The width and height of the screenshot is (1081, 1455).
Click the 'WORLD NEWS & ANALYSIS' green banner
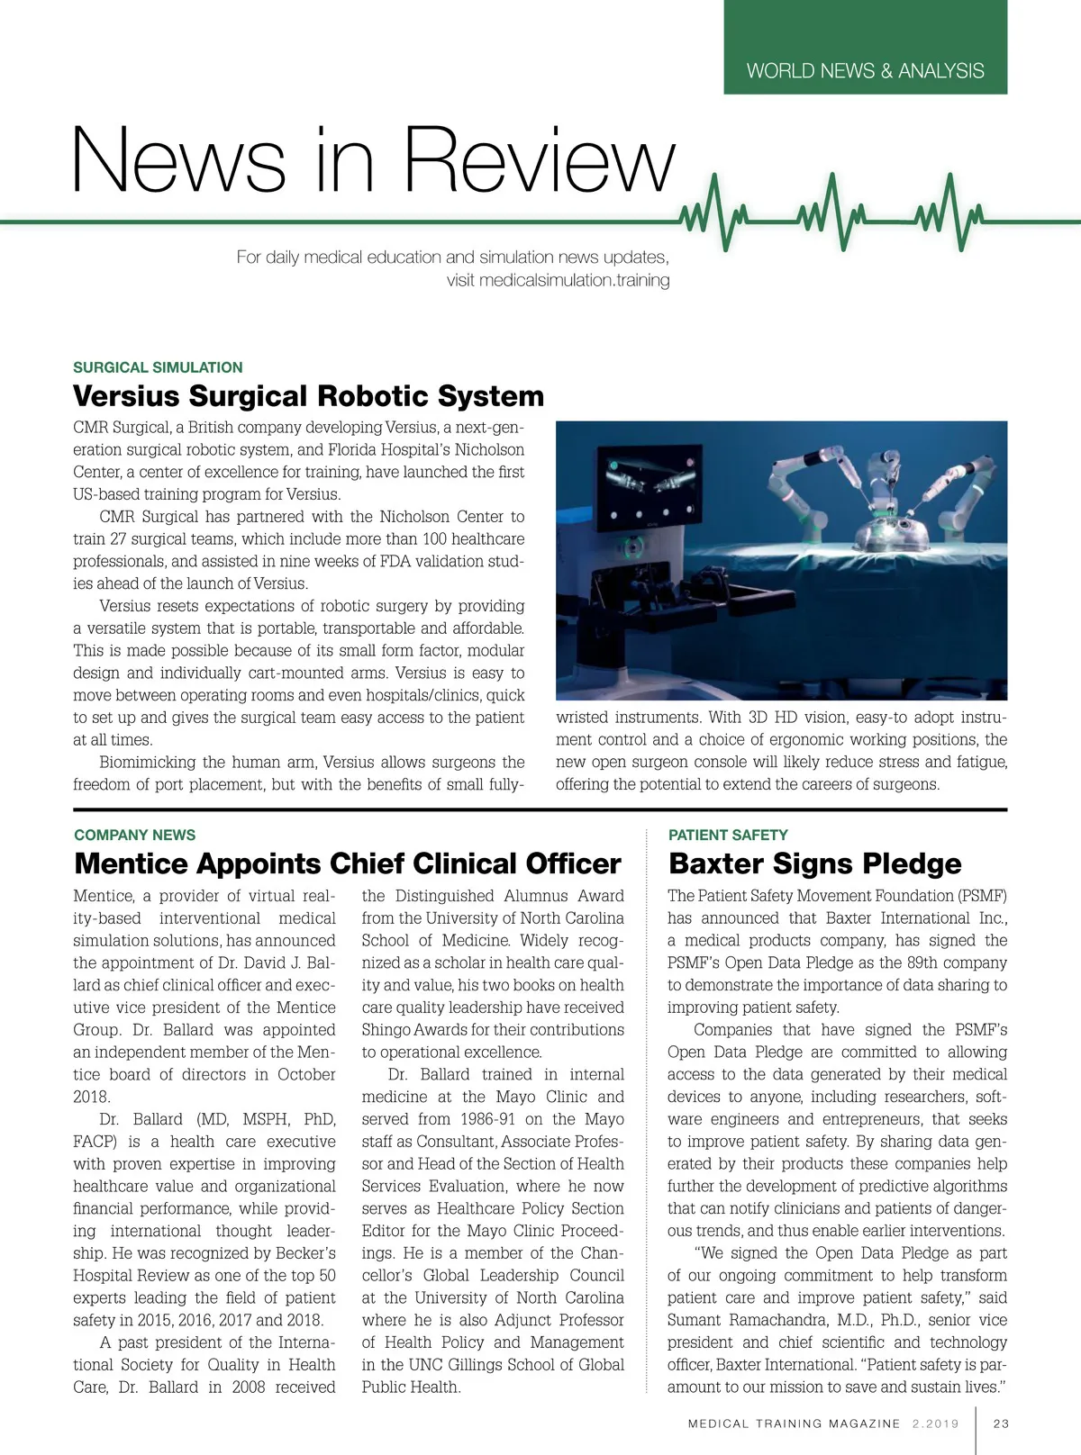pos(865,70)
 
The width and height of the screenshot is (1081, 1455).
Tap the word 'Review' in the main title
pos(538,160)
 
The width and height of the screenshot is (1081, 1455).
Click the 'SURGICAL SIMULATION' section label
pos(158,367)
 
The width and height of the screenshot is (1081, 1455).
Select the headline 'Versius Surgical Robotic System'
pos(308,396)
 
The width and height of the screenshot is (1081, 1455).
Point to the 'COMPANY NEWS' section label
pos(134,835)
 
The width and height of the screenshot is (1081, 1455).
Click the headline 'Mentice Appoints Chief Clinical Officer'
pos(348,863)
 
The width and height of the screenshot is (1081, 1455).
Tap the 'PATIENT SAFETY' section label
pos(728,835)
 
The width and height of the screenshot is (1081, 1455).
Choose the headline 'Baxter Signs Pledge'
pos(814,863)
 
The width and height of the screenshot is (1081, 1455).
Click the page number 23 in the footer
pos(1001,1423)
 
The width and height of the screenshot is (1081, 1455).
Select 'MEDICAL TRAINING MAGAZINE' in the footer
pos(794,1423)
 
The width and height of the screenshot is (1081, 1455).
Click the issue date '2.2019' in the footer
pos(935,1423)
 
